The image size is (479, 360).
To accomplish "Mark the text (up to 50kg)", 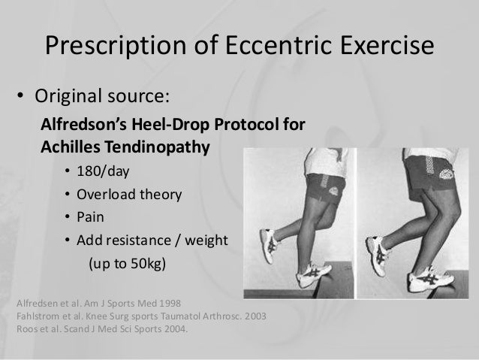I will coord(127,265).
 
